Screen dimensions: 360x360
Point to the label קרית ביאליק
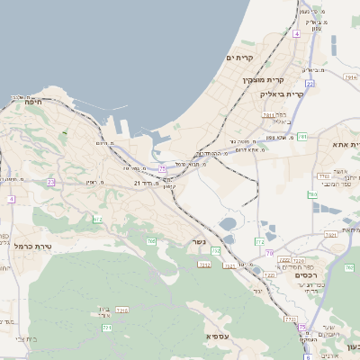283,93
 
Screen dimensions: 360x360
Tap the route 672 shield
98,219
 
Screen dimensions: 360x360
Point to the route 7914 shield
349,77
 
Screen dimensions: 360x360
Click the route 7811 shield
268,115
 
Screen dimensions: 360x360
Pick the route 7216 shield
122,310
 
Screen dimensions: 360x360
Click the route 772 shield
259,241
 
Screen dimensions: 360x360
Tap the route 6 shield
307,356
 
